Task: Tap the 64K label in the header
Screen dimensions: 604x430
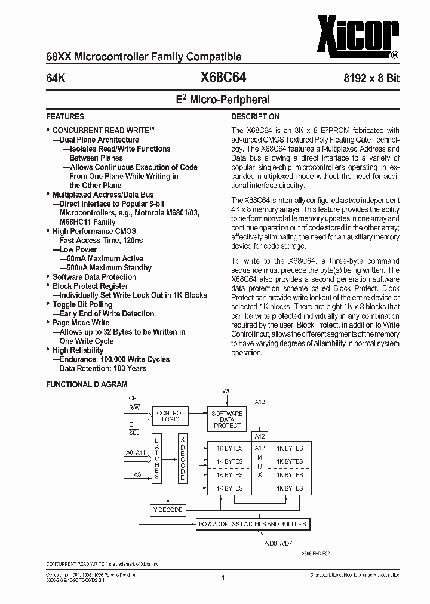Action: [56, 78]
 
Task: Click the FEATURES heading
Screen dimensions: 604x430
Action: [65, 117]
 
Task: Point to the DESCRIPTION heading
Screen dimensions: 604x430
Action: [255, 117]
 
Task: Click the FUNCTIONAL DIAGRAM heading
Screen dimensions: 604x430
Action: [87, 385]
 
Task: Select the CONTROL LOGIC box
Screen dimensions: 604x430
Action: [170, 417]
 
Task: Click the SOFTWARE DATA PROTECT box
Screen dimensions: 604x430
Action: [227, 420]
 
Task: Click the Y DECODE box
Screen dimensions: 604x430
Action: [168, 510]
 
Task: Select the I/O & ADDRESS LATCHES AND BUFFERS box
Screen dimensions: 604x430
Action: [253, 525]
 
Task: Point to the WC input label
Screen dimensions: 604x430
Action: [227, 392]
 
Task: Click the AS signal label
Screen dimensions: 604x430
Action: [137, 476]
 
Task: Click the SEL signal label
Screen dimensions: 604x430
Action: [134, 433]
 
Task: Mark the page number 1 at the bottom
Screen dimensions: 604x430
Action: [223, 577]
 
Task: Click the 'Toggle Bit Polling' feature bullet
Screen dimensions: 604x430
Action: [82, 304]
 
